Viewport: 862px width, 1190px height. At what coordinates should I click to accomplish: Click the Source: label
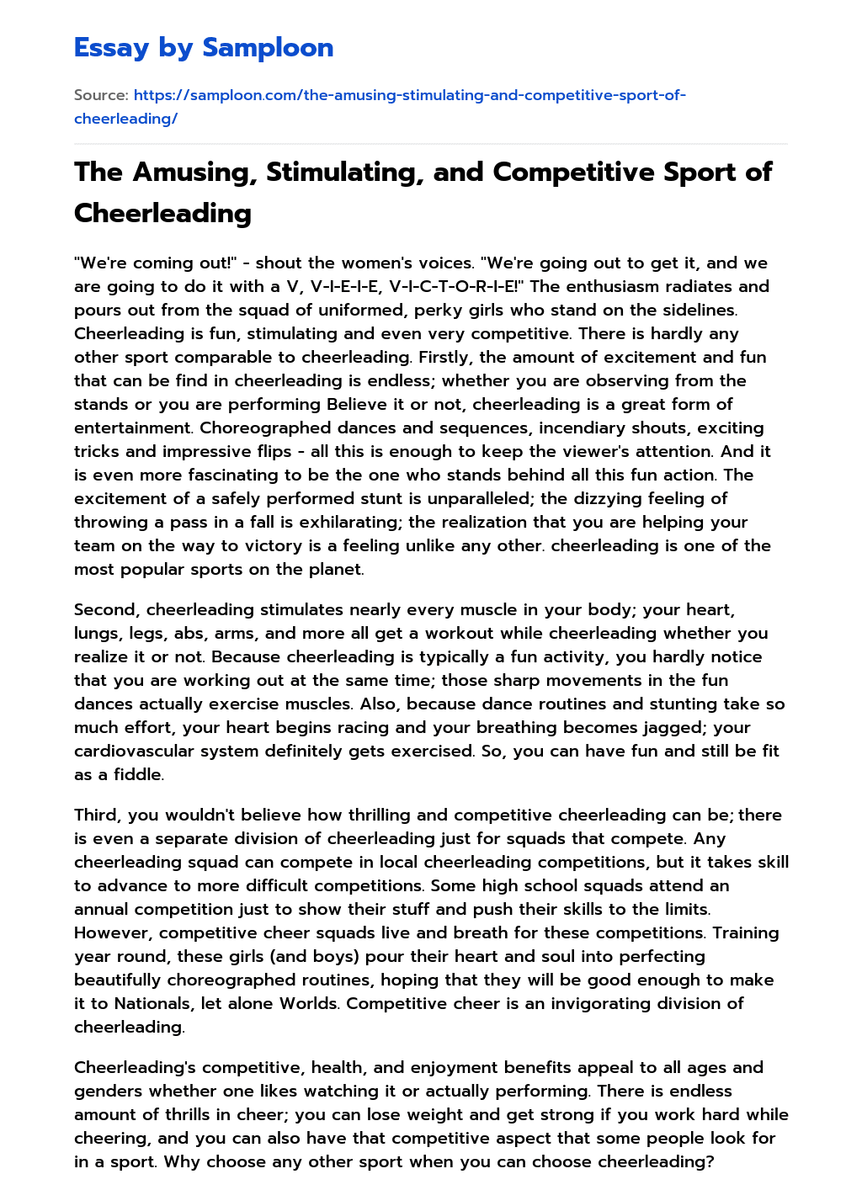click(101, 95)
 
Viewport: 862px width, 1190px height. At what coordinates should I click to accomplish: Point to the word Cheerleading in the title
click(162, 213)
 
